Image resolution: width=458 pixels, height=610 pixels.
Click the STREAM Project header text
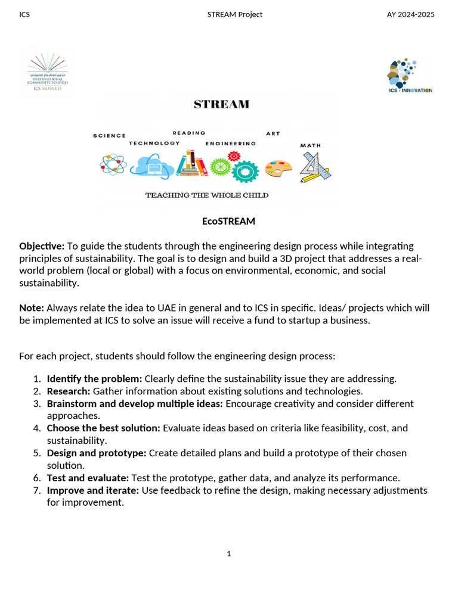click(234, 14)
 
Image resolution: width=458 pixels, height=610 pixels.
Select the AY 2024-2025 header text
click(411, 14)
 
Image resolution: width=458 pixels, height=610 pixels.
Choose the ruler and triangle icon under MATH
click(315, 167)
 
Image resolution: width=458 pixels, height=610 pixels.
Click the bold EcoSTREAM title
click(228, 222)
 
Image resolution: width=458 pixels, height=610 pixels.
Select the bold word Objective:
click(42, 246)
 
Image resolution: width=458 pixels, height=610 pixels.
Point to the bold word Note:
click(32, 308)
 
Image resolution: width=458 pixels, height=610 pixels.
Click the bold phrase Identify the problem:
click(94, 379)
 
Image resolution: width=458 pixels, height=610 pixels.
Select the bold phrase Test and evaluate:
click(88, 478)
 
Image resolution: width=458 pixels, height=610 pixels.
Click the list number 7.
click(36, 490)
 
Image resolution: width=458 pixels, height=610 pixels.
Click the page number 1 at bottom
click(228, 554)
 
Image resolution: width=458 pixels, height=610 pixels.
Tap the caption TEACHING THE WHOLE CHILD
click(206, 195)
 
